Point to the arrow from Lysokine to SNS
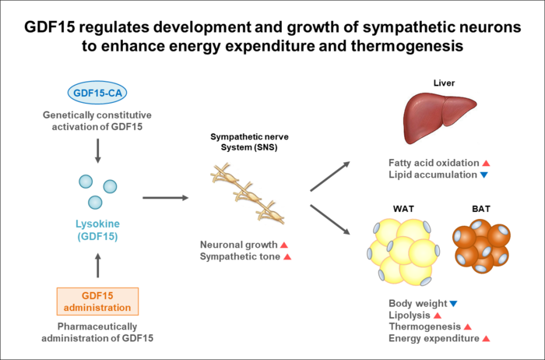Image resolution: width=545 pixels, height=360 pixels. (x=165, y=198)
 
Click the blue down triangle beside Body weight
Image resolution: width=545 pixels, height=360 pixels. (x=453, y=302)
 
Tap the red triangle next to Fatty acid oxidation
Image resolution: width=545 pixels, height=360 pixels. (x=486, y=163)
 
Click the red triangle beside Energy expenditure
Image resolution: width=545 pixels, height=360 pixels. (x=486, y=338)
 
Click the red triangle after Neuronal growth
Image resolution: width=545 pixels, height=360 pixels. (x=284, y=244)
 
